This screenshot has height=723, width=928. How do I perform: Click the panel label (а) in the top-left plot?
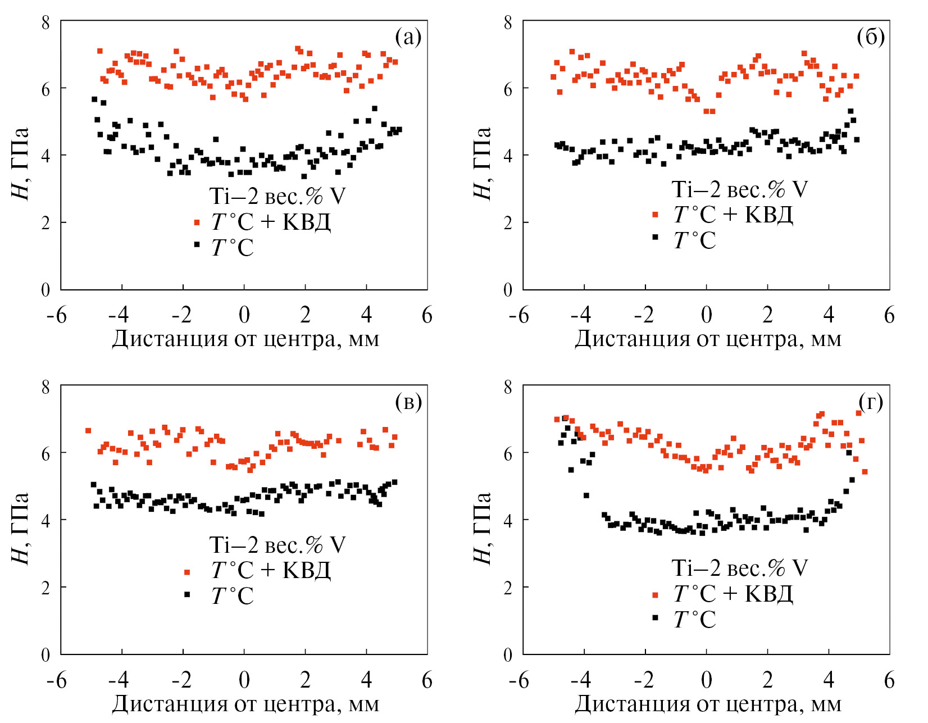pos(408,38)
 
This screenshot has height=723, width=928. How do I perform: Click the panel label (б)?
pos(870,38)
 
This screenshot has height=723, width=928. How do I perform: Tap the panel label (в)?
pos(408,402)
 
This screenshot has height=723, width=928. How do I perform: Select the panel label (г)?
pos(870,402)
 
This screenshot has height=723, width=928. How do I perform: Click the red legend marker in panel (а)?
pos(197,222)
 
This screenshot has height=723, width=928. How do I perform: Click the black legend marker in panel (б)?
pos(655,237)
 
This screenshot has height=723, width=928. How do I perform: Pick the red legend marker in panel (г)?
pos(655,594)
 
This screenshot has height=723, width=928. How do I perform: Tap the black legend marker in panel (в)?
pos(187,594)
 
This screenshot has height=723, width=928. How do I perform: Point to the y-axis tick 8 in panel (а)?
pos(46,22)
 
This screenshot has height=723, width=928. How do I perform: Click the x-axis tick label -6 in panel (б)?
pos(518,315)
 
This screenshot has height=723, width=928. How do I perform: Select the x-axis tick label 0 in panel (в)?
pos(244,680)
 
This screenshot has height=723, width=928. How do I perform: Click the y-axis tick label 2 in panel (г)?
pos(508,588)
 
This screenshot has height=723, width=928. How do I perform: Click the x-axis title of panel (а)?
pos(245,339)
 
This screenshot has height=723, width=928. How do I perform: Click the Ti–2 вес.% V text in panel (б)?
pos(739,189)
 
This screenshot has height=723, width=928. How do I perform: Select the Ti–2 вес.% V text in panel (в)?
pos(277,545)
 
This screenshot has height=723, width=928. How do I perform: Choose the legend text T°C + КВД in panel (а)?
pos(271,222)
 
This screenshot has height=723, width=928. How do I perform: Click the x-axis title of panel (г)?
pos(708,704)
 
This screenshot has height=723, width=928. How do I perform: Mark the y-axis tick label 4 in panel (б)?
pos(508,155)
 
